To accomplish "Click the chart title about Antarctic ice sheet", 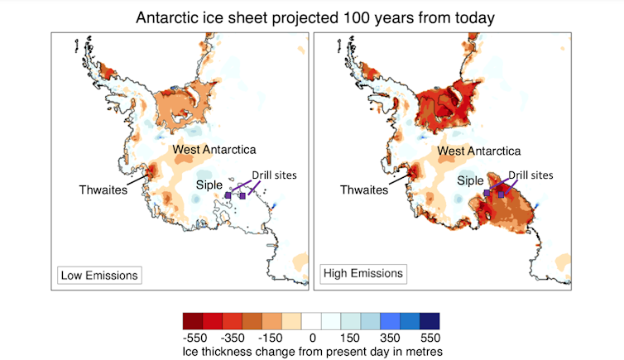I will pos(311,17).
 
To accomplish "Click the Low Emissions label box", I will pos(98,274).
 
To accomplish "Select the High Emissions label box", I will pos(362,272).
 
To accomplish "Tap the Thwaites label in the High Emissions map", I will pos(364,190).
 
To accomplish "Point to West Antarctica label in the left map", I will pos(214,149).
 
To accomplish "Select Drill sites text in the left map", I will pos(273,175).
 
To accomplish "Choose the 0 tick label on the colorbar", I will pos(311,338).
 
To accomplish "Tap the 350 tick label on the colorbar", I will pos(389,338).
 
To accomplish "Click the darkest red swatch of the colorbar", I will pos(193,320).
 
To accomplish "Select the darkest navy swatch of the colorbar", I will pos(430,320).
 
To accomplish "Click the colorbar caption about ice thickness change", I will pos(311,351).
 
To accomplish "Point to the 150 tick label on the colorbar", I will pos(350,338).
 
